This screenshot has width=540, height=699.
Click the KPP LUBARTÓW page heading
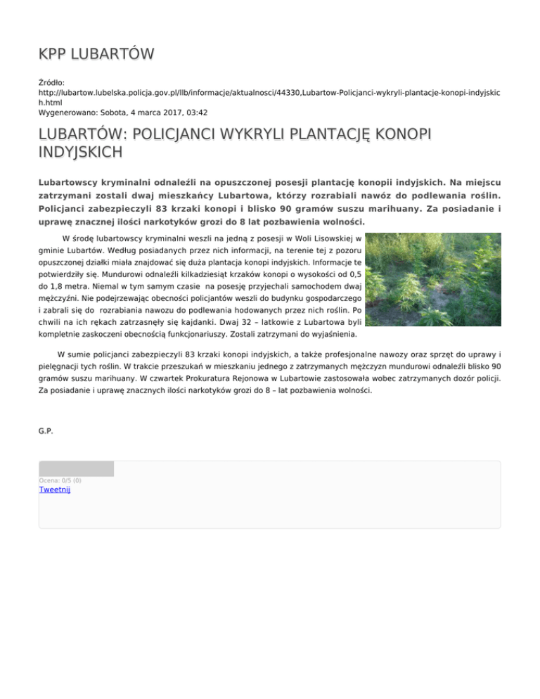96,54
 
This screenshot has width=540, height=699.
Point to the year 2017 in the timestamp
172,112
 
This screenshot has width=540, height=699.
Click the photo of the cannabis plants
435,280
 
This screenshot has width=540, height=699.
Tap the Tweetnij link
54,489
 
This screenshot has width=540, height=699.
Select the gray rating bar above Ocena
76,469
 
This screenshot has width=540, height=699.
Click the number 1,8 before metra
58,287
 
